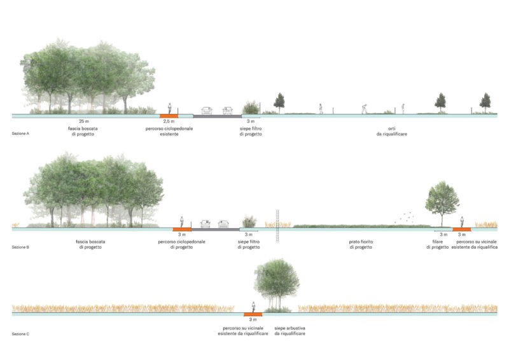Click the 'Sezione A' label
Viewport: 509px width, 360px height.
tap(20, 134)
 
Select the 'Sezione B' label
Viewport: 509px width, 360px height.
tap(20, 247)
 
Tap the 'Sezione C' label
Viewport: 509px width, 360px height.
tap(20, 334)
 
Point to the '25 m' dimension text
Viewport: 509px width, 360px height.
tap(84, 121)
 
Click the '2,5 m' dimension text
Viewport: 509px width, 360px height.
tap(169, 121)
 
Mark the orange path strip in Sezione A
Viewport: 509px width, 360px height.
tap(169, 116)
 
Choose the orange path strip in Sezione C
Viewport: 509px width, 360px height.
tap(253, 314)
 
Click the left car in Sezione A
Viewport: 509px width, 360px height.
tap(207, 111)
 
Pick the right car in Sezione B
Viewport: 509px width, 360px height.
tap(223, 224)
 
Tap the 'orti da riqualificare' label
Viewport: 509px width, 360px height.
tap(392, 131)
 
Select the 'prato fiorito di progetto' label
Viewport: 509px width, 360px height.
tap(361, 244)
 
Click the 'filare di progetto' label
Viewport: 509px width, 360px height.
tap(437, 244)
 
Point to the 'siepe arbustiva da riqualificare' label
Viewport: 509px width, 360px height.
tap(289, 331)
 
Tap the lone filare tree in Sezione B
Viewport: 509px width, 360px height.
tap(442, 204)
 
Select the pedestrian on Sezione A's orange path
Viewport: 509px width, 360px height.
tap(169, 108)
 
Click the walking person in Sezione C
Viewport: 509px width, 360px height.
tap(253, 307)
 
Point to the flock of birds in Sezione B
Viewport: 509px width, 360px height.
tap(405, 217)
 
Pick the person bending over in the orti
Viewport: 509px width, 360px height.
tap(365, 109)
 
